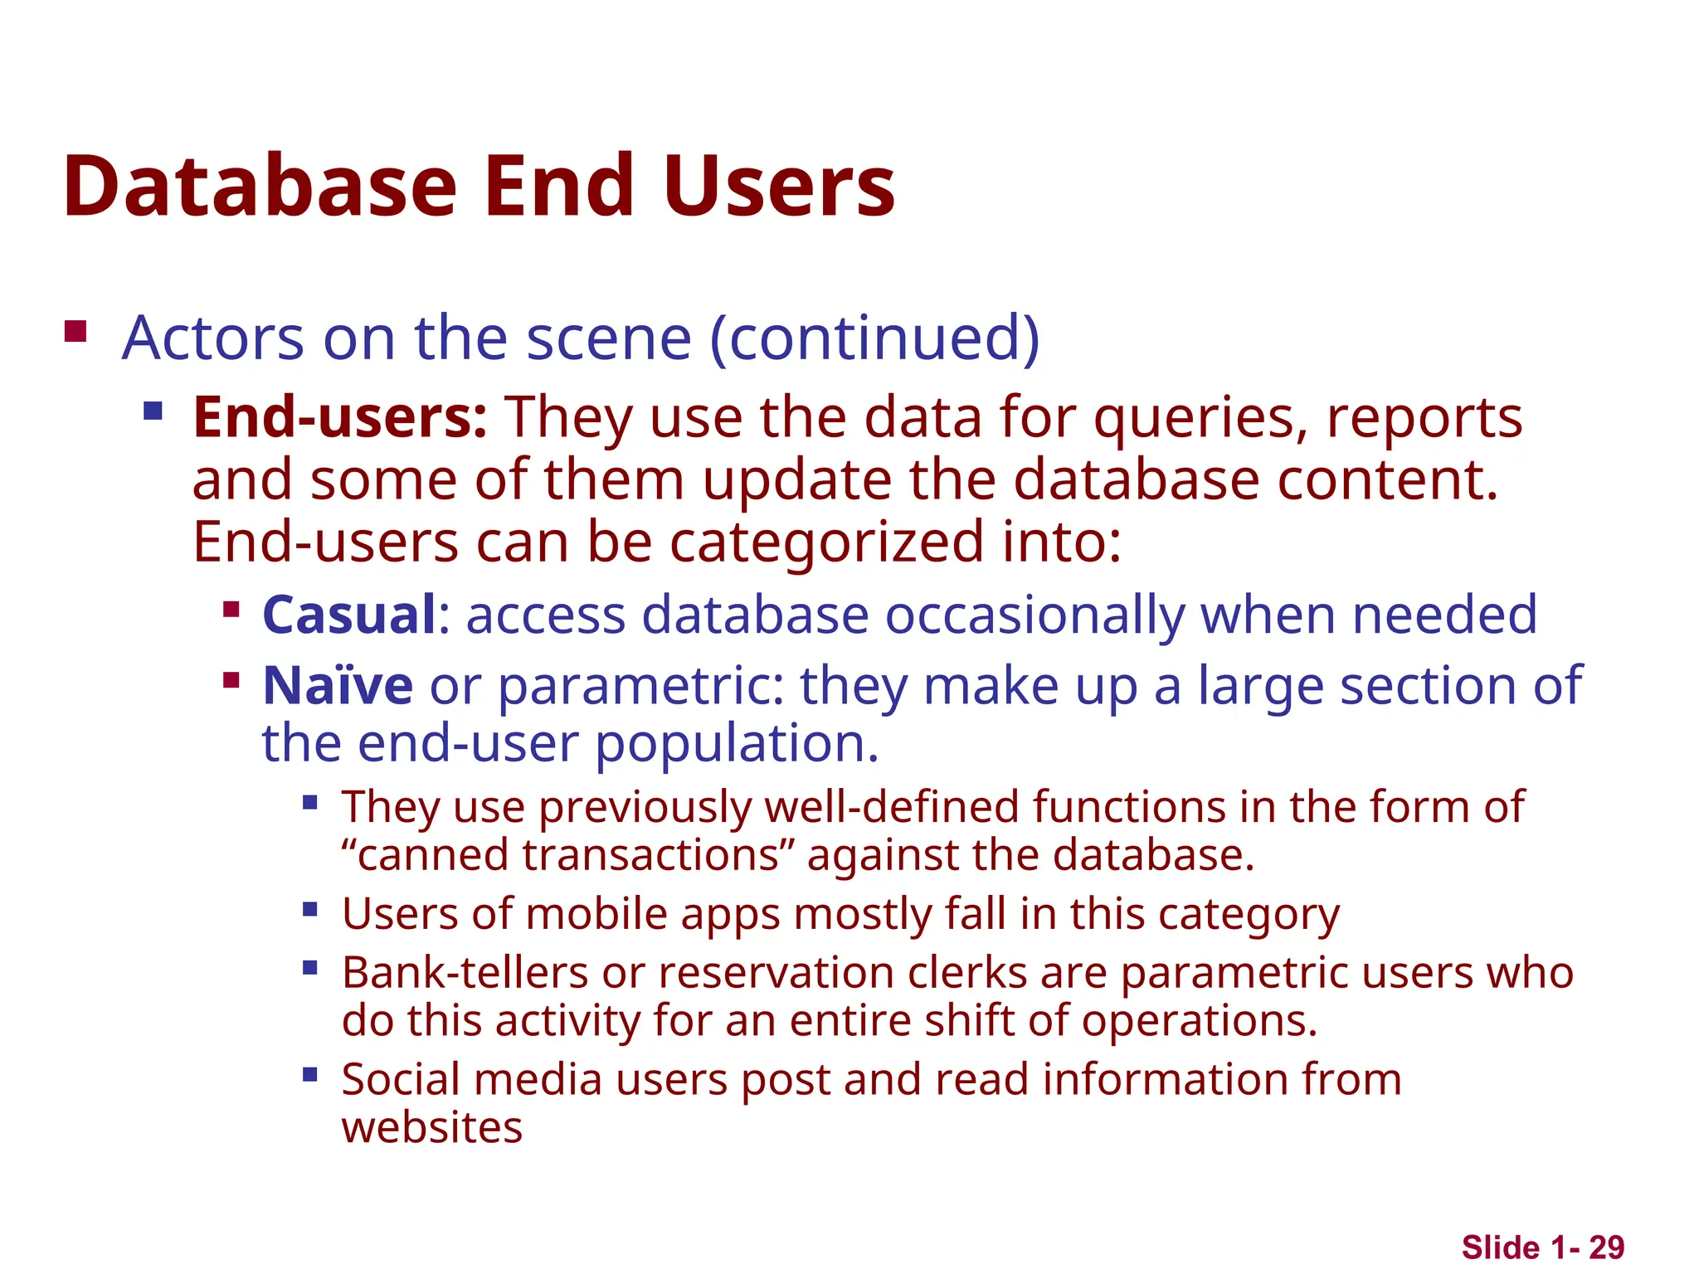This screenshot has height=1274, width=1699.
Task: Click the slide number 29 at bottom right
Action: click(x=1606, y=1247)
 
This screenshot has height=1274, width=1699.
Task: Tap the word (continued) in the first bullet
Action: click(x=874, y=338)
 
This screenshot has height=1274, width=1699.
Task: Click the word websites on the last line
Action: click(x=432, y=1127)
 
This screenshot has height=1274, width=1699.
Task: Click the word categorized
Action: click(x=825, y=542)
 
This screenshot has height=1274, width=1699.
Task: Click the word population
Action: click(x=737, y=743)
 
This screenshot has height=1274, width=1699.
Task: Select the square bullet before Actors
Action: click(x=75, y=332)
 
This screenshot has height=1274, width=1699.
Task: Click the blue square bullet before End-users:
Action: click(x=153, y=411)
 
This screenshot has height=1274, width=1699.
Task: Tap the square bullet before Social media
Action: click(x=310, y=1075)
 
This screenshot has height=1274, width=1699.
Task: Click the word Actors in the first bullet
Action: click(x=213, y=338)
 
